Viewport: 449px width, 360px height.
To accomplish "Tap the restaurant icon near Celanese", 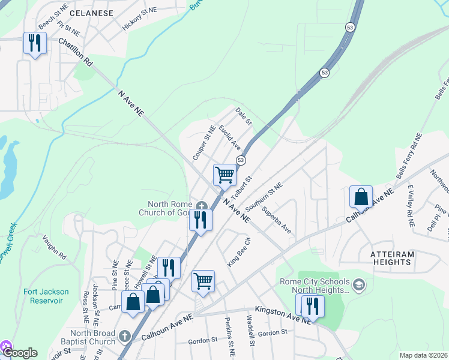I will (35, 43).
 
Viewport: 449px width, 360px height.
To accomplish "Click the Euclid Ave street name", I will (230, 138).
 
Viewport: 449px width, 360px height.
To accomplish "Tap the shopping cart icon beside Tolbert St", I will (225, 175).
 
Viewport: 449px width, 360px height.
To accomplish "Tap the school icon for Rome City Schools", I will (359, 283).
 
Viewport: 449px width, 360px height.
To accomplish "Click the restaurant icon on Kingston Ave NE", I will (312, 306).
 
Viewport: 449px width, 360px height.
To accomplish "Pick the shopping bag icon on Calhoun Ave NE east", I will (361, 197).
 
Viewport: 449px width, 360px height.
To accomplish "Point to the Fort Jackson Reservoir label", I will (46, 296).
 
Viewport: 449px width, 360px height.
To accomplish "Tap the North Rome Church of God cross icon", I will (202, 205).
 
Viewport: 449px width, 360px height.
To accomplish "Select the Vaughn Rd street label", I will (53, 247).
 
